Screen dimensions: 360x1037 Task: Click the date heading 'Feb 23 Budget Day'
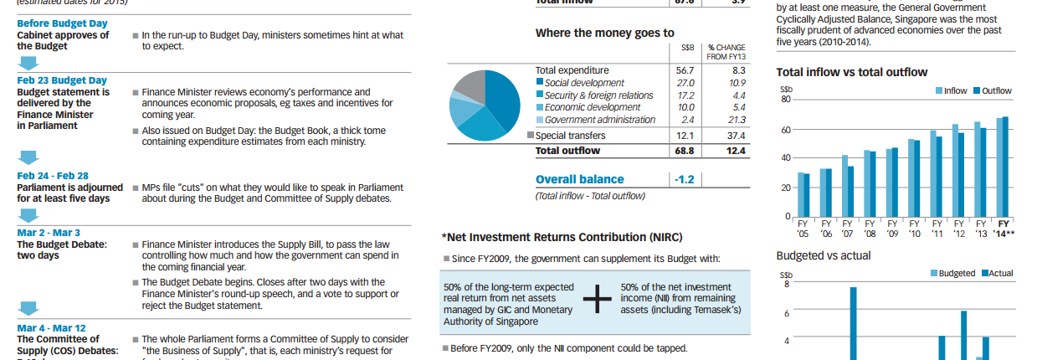coord(62,80)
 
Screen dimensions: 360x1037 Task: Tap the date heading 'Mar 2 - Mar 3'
coord(49,232)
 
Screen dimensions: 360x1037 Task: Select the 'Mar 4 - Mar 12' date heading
coord(52,328)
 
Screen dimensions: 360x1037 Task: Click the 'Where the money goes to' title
coord(604,33)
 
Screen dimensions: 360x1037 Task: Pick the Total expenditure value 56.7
coord(685,70)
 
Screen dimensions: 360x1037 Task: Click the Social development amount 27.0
coord(685,83)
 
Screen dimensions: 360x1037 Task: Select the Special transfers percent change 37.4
coord(736,135)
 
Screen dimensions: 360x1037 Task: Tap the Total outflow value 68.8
coord(684,151)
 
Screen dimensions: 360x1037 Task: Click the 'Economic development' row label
coord(592,107)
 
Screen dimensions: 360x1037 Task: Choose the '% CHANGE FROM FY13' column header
coord(726,52)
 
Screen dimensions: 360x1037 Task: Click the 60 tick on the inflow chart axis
coord(784,129)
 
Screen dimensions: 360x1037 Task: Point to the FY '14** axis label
coord(1004,229)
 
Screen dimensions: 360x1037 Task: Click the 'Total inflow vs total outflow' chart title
coord(851,72)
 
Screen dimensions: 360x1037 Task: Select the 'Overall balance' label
coord(579,179)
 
